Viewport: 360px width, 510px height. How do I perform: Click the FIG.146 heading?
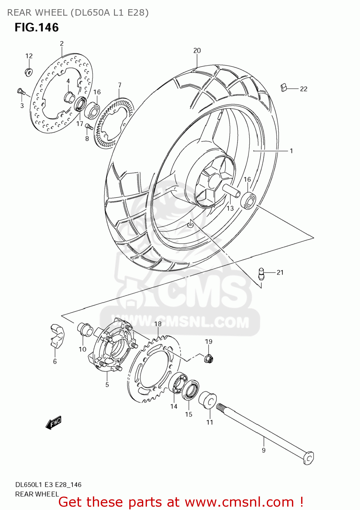pos(37,28)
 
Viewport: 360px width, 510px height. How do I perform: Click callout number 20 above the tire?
pos(197,51)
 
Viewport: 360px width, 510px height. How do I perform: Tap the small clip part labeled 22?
pos(284,88)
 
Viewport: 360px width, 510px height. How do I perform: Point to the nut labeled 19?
pos(209,358)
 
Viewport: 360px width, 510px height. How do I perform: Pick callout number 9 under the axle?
pos(264,450)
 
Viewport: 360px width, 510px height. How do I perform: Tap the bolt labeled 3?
pos(21,91)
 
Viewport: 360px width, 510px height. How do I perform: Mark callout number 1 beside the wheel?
pos(291,151)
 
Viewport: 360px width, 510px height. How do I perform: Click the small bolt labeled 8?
pos(89,126)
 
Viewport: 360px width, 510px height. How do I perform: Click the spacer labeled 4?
pos(69,98)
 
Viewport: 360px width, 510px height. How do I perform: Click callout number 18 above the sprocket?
pos(158,324)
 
